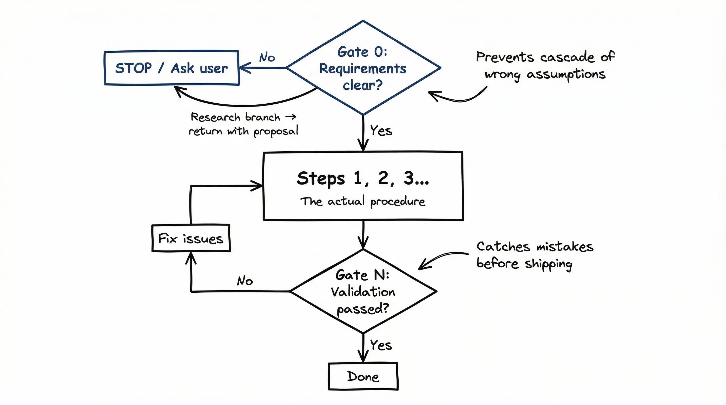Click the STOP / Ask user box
click(x=171, y=68)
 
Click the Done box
click(x=363, y=376)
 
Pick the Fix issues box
click(x=191, y=238)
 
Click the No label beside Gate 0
click(x=267, y=57)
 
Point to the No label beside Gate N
click(x=245, y=281)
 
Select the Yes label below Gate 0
click(x=381, y=131)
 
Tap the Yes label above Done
click(x=381, y=345)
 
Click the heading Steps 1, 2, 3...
click(x=363, y=178)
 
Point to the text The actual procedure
click(x=363, y=201)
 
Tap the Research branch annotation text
click(x=243, y=124)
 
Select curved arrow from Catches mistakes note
click(x=440, y=258)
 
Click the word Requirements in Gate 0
click(x=363, y=69)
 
